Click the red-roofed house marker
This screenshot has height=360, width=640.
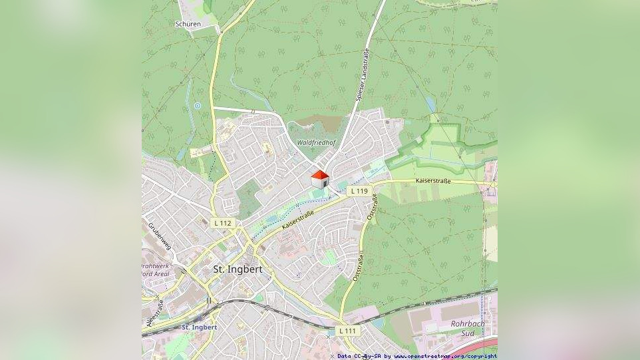tap(320, 178)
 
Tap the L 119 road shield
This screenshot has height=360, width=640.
tap(359, 191)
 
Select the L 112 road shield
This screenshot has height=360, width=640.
tap(223, 223)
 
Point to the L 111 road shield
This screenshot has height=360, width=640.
tap(347, 331)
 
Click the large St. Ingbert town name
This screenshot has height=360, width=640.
tap(237, 270)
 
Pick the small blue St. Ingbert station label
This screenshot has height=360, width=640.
tap(199, 327)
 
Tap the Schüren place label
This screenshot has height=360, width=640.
tap(188, 24)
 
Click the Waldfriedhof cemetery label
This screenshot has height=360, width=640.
tap(317, 143)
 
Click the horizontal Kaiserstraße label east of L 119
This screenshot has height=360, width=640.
tap(433, 180)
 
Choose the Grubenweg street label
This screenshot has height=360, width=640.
tap(160, 235)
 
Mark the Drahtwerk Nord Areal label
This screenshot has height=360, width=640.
tap(155, 270)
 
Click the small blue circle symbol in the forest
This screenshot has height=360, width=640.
tap(198, 105)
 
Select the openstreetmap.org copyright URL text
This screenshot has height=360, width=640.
tap(445, 356)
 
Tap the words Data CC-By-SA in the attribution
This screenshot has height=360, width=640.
tap(360, 356)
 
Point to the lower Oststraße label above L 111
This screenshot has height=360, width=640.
tap(358, 266)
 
